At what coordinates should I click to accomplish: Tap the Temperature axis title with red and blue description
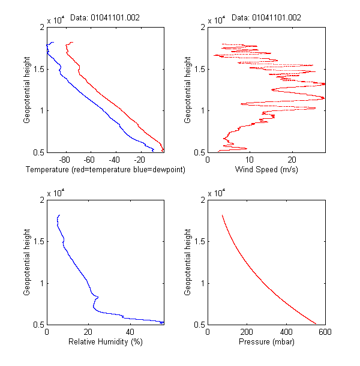106,170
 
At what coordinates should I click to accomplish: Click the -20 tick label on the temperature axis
139,160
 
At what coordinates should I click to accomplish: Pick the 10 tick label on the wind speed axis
250,160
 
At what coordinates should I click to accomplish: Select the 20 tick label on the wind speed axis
292,160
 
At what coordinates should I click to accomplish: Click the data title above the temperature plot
105,18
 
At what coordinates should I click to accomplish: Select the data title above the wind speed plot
266,18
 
